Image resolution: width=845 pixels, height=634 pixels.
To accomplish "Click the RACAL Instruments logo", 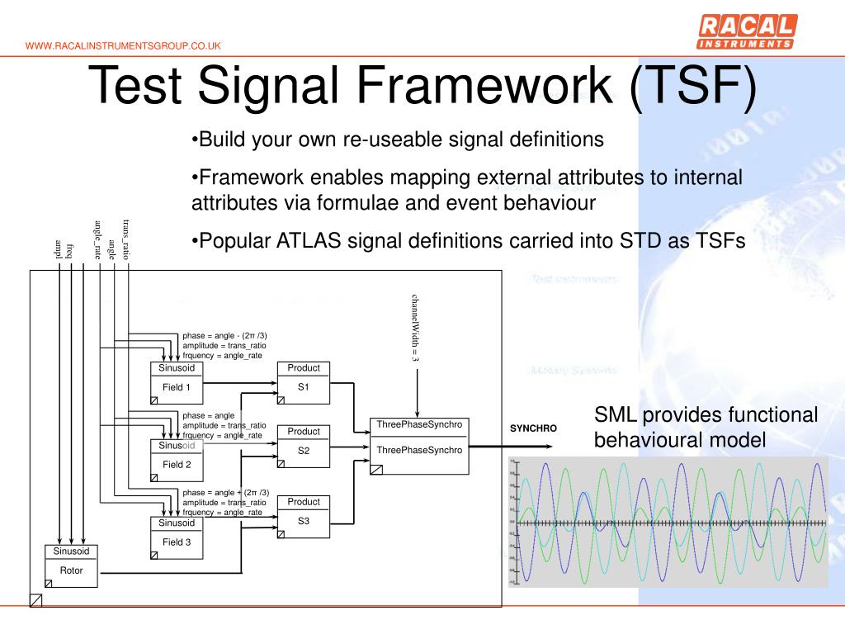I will (747, 32).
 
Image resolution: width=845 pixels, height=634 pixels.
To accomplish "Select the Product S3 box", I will (303, 516).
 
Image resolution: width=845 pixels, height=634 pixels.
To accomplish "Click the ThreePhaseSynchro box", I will (419, 446).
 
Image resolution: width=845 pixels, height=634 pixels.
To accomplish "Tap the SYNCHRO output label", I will (533, 428).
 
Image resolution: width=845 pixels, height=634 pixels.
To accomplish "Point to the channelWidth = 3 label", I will (416, 328).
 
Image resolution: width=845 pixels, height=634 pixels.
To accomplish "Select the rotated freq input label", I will (71, 248).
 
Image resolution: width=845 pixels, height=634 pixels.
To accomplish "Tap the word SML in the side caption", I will (616, 415).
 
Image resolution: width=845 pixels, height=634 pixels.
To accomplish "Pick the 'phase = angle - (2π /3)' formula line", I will (224, 335).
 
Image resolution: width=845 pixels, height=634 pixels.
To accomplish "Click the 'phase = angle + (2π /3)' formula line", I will (225, 492).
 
